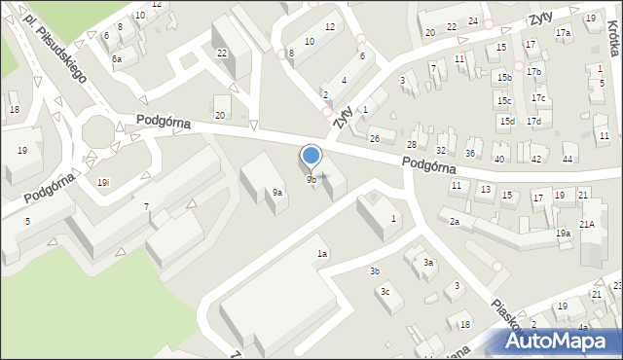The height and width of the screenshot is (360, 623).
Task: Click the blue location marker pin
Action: (x=311, y=156)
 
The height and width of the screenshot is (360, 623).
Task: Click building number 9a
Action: (x=277, y=193)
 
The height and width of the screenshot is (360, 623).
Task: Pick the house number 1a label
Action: (x=322, y=254)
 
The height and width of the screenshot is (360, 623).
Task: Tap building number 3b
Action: (x=374, y=270)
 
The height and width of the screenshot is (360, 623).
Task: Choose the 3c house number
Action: (x=385, y=292)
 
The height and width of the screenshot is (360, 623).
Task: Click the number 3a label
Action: (x=427, y=263)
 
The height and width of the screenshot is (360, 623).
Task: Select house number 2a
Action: (x=454, y=222)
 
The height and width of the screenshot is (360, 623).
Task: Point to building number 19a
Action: (x=563, y=234)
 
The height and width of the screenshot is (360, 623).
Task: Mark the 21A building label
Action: (x=587, y=224)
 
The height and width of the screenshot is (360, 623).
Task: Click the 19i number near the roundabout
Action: (x=102, y=182)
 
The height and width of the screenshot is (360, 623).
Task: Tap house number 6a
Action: (x=117, y=59)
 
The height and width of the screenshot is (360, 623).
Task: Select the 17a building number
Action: (x=563, y=33)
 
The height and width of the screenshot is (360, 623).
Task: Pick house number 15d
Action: (x=506, y=121)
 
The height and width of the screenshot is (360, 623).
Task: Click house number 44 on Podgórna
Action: (x=568, y=159)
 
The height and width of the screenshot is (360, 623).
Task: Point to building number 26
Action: (x=374, y=138)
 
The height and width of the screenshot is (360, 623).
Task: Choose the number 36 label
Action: (x=470, y=154)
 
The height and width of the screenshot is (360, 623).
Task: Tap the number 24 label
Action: (x=472, y=20)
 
